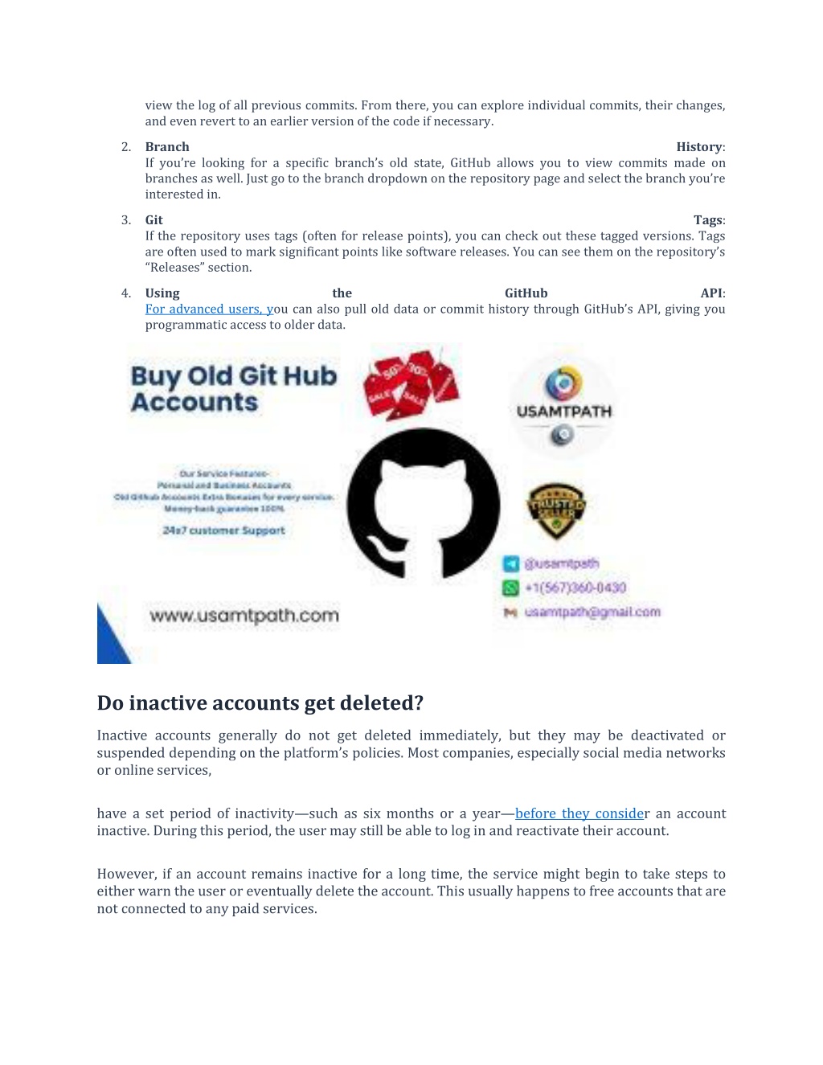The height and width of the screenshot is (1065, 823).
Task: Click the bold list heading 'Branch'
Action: tap(167, 147)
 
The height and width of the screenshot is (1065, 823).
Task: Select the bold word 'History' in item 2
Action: tap(699, 147)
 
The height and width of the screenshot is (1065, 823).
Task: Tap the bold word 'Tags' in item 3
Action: tap(708, 220)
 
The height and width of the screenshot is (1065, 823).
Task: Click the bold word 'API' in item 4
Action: tap(711, 293)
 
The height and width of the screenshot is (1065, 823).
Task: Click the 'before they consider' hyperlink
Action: tap(579, 813)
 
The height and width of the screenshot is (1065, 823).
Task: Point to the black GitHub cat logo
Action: tap(424, 505)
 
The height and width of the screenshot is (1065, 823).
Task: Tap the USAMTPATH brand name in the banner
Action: tap(564, 412)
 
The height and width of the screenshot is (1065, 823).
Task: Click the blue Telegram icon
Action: tap(510, 564)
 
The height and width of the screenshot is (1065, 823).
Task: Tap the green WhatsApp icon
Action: tap(510, 588)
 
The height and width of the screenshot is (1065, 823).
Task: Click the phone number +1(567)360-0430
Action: tap(575, 588)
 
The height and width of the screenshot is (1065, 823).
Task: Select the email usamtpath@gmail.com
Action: tap(592, 612)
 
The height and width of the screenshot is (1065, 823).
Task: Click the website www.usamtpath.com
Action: tap(244, 616)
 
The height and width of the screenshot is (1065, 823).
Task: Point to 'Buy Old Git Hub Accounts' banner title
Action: tap(233, 389)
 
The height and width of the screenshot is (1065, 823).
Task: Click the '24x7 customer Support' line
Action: tap(223, 530)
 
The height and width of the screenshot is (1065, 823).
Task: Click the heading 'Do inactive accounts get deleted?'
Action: tap(260, 703)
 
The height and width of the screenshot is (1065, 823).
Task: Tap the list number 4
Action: tap(126, 293)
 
